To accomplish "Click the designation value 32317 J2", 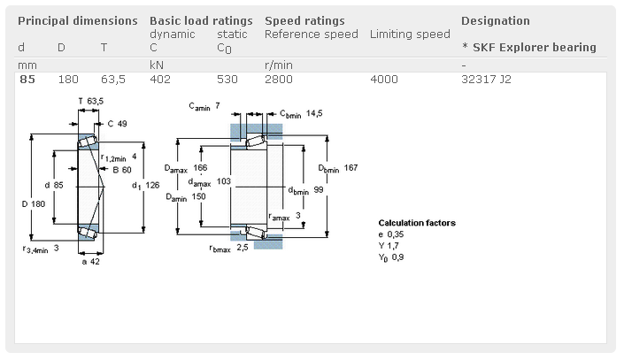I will [486, 80].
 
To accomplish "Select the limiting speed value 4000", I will [383, 80].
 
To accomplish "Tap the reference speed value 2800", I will [279, 80].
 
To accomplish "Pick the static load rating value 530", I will [227, 80].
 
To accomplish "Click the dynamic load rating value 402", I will [160, 80].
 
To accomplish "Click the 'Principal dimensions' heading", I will [77, 20].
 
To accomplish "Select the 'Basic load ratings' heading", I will [201, 20].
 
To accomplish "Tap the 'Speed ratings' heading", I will [304, 20].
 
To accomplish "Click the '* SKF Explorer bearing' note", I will [528, 47].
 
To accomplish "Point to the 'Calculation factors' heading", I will [417, 223].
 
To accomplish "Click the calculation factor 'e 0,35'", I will [390, 234].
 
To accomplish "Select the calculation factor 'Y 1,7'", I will [389, 245].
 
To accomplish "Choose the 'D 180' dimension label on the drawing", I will [33, 205].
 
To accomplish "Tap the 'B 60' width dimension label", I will [121, 169].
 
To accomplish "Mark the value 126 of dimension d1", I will [152, 185].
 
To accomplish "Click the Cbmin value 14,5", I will [314, 113].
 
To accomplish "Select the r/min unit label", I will [278, 65].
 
